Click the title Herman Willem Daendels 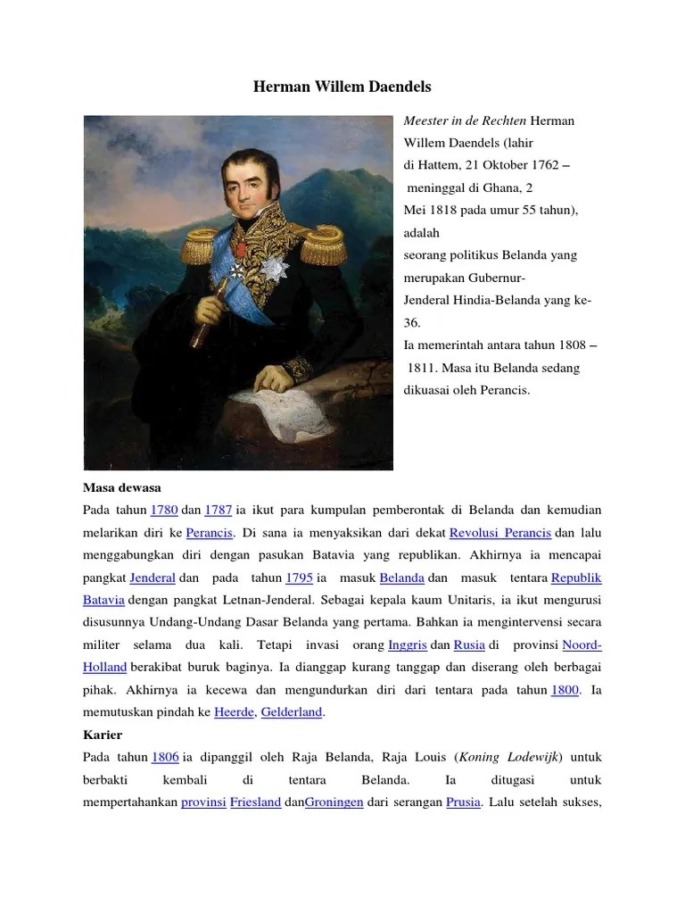tap(342, 87)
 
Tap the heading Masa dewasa tap(119, 487)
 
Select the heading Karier tap(103, 735)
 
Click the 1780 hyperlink tap(164, 510)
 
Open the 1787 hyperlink tap(218, 510)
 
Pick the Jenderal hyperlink tap(153, 577)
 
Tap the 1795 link tap(300, 577)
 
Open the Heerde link tap(235, 712)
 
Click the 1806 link tap(165, 757)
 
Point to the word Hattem tap(435, 165)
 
